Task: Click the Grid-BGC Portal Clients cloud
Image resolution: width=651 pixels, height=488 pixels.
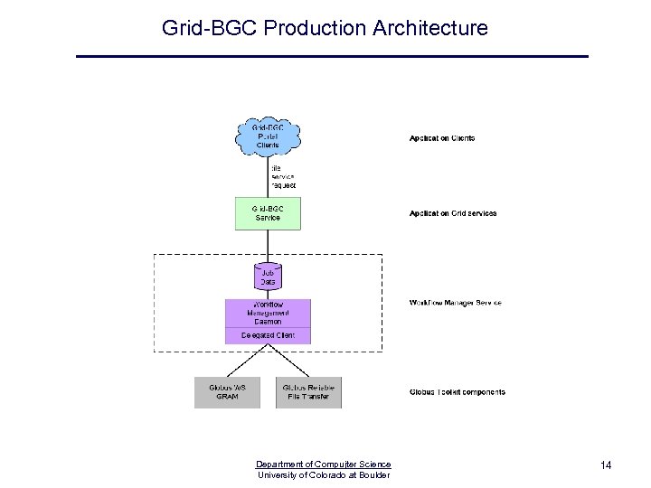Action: tap(268, 136)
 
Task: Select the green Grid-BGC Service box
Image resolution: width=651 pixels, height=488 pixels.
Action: tap(268, 213)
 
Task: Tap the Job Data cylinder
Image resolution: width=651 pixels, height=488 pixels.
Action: tap(268, 277)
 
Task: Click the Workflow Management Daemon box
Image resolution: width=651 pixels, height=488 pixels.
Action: tap(268, 313)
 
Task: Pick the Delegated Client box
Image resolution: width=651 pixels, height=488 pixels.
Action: tap(268, 335)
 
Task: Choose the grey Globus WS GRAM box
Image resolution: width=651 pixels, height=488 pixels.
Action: tap(227, 392)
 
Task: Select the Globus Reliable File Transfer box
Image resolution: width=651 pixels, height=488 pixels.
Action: tap(308, 392)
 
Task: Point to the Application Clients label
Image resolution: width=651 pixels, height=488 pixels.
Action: tap(442, 138)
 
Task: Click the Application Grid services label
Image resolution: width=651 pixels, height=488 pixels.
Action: tap(453, 213)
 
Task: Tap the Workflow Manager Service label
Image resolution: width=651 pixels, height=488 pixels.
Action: tap(455, 303)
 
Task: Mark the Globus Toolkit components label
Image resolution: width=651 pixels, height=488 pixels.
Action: tap(458, 392)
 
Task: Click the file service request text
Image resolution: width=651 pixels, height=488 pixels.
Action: tap(283, 176)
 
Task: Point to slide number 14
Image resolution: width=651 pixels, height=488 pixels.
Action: tap(606, 465)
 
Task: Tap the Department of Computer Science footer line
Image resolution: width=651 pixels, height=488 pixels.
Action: tap(323, 465)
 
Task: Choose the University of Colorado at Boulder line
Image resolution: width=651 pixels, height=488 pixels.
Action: tap(323, 475)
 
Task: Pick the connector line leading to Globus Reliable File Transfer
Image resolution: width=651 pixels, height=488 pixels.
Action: tap(289, 362)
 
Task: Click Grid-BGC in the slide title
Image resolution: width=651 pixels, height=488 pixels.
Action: tap(210, 28)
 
